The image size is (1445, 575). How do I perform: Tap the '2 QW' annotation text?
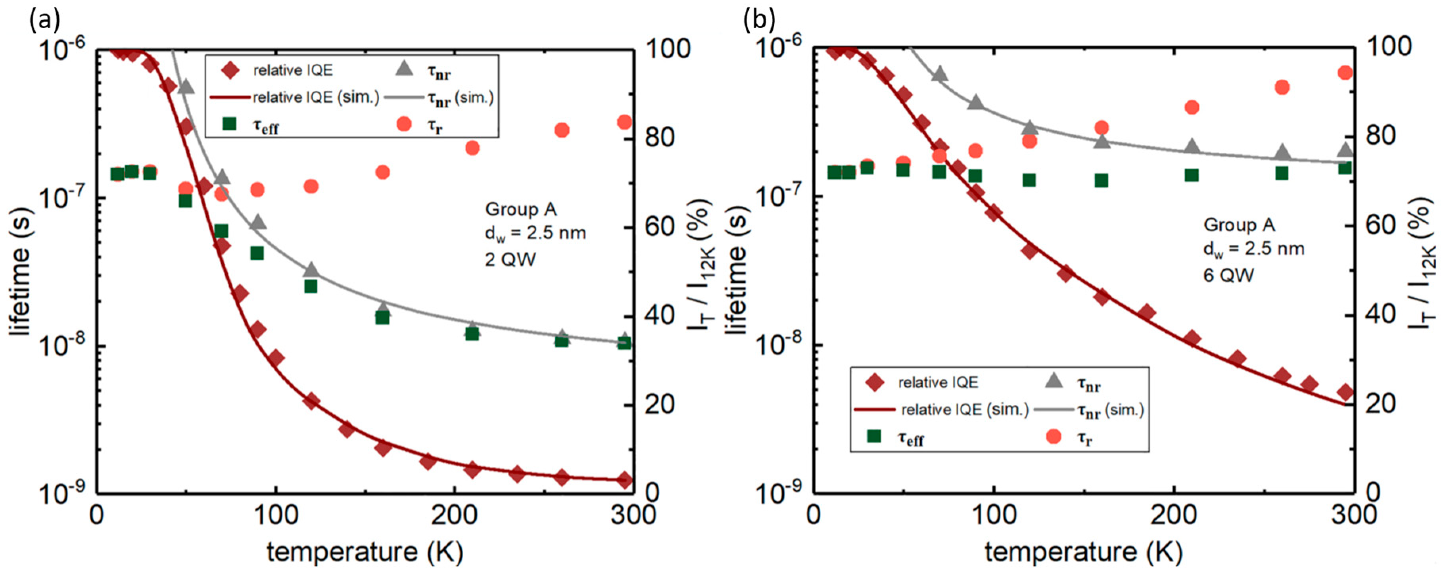(x=510, y=259)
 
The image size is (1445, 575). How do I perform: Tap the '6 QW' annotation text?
(x=1228, y=275)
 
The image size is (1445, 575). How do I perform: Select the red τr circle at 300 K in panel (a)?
(x=624, y=122)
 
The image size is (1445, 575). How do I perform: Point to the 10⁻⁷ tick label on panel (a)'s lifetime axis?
(x=62, y=196)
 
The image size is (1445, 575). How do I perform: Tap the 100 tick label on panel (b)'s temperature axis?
(x=994, y=515)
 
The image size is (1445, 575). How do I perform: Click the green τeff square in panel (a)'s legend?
(x=229, y=123)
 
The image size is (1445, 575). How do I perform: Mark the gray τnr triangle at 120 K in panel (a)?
(x=311, y=271)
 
